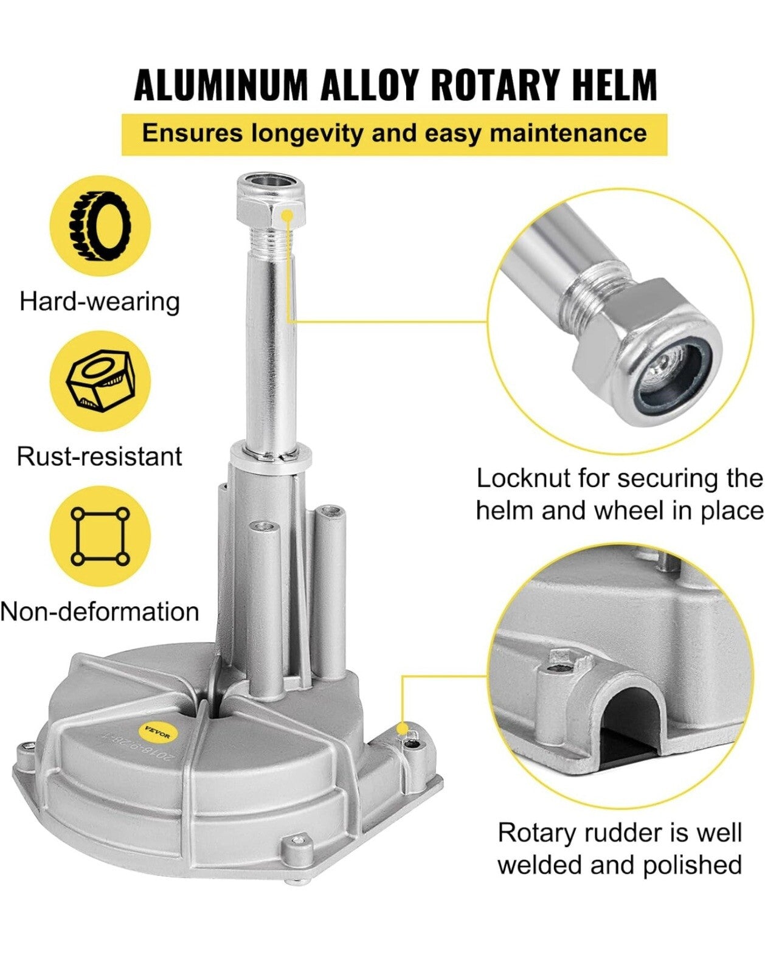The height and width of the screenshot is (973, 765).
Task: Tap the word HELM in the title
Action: [614, 85]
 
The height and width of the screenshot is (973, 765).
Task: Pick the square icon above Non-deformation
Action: [100, 536]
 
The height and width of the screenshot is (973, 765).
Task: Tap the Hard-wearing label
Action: [100, 302]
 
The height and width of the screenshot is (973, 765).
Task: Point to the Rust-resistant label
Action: [100, 456]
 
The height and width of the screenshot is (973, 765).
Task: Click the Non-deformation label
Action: [100, 612]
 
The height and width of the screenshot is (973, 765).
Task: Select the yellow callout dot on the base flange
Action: [401, 729]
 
